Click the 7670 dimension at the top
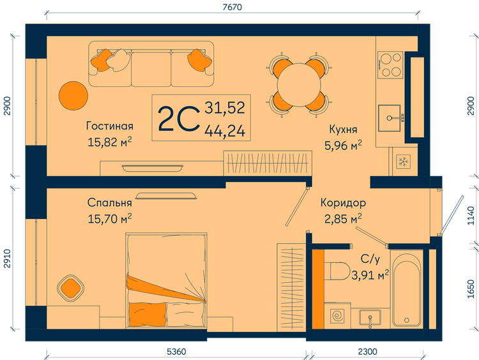click(232, 7)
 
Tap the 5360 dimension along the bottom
click(176, 352)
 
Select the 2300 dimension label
click(367, 352)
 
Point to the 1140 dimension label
click(471, 216)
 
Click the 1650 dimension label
click(471, 289)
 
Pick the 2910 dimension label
click(7, 259)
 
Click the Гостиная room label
click(110, 126)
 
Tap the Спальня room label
click(110, 203)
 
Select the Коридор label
click(343, 203)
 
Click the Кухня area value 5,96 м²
click(343, 146)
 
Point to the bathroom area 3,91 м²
click(370, 275)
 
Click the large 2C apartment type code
click(177, 119)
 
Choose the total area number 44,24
click(225, 131)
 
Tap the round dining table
click(299, 84)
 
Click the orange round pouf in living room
click(73, 96)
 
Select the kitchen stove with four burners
click(390, 64)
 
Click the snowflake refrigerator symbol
click(403, 161)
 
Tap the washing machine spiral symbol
click(338, 315)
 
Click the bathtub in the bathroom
click(407, 289)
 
